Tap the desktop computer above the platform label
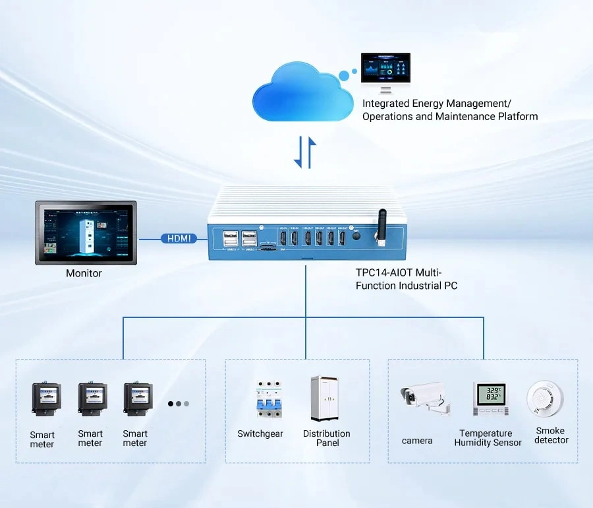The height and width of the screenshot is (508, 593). (x=385, y=72)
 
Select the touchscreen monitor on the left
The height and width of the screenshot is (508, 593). (x=86, y=232)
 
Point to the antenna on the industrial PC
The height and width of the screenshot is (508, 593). (x=381, y=228)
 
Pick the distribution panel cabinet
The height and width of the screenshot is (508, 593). (x=324, y=398)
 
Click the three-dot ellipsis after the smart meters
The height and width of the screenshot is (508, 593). (x=178, y=403)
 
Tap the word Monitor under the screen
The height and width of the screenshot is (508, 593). (x=84, y=273)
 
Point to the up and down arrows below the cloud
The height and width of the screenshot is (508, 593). (x=304, y=152)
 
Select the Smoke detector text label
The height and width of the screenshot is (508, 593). (x=551, y=435)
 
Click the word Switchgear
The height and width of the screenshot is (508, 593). (x=260, y=434)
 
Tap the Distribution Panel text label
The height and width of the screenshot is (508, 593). (x=327, y=438)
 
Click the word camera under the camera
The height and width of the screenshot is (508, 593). (x=417, y=441)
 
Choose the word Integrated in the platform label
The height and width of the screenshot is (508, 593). (x=385, y=104)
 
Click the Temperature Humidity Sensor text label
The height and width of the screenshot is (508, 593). (x=488, y=438)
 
